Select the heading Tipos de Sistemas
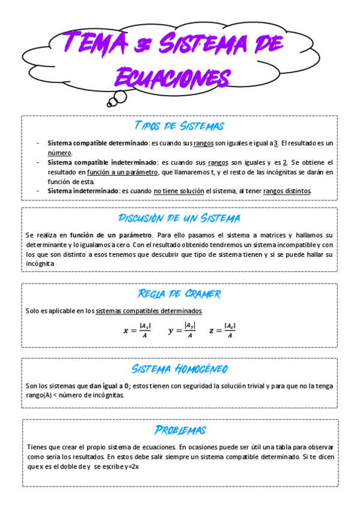pyautogui.click(x=179, y=126)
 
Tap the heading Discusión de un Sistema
pyautogui.click(x=179, y=218)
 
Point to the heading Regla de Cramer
pyautogui.click(x=179, y=294)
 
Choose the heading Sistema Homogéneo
pyautogui.click(x=179, y=369)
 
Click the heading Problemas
pyautogui.click(x=179, y=430)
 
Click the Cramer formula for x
pyautogui.click(x=137, y=330)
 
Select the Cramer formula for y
pyautogui.click(x=182, y=330)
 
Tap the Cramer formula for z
pyautogui.click(x=222, y=330)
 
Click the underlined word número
pyautogui.click(x=60, y=153)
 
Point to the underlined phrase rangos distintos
pyautogui.click(x=287, y=191)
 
